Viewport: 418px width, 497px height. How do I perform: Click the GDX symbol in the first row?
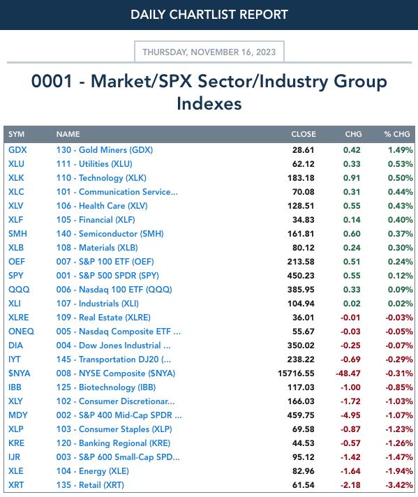(x=17, y=150)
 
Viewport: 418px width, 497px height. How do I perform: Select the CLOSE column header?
(x=304, y=134)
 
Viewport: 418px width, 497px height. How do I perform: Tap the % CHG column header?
(x=397, y=134)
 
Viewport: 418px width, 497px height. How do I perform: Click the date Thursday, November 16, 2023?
(x=209, y=52)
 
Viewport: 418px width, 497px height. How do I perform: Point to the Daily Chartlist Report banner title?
(x=209, y=15)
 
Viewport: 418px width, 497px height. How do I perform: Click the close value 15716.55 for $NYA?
(x=296, y=373)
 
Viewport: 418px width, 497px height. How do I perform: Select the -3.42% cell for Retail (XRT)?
(x=399, y=485)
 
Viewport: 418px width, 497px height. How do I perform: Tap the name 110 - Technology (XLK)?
(x=101, y=178)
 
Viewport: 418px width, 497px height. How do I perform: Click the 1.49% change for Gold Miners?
(x=401, y=150)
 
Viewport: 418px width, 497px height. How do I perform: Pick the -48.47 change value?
(x=348, y=373)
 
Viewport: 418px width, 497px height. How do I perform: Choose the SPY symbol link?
(x=16, y=276)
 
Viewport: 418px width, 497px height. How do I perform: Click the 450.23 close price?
(x=301, y=276)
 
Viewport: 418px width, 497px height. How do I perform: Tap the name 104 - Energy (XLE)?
(x=93, y=471)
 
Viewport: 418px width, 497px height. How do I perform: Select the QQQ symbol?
(x=19, y=290)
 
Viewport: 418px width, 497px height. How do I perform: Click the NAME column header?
(x=68, y=134)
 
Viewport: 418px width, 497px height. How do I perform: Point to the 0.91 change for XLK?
(x=352, y=178)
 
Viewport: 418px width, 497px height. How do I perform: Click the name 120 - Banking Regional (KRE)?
(x=114, y=443)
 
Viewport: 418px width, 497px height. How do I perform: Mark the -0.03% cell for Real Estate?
(x=399, y=318)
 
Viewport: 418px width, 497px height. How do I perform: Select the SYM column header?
(x=17, y=134)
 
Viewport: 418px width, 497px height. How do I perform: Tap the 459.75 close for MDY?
(x=301, y=415)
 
